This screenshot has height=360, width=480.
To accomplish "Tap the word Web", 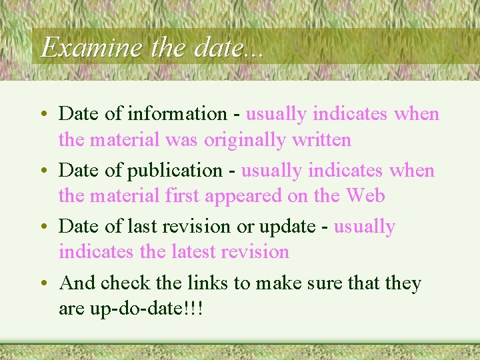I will click(365, 196).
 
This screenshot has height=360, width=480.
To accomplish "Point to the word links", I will click(204, 283).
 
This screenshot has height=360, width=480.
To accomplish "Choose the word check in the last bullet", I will click(126, 283).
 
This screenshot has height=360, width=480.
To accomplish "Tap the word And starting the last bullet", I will click(77, 283).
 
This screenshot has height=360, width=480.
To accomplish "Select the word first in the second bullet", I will click(183, 196).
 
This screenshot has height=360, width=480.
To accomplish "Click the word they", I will click(403, 283).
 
